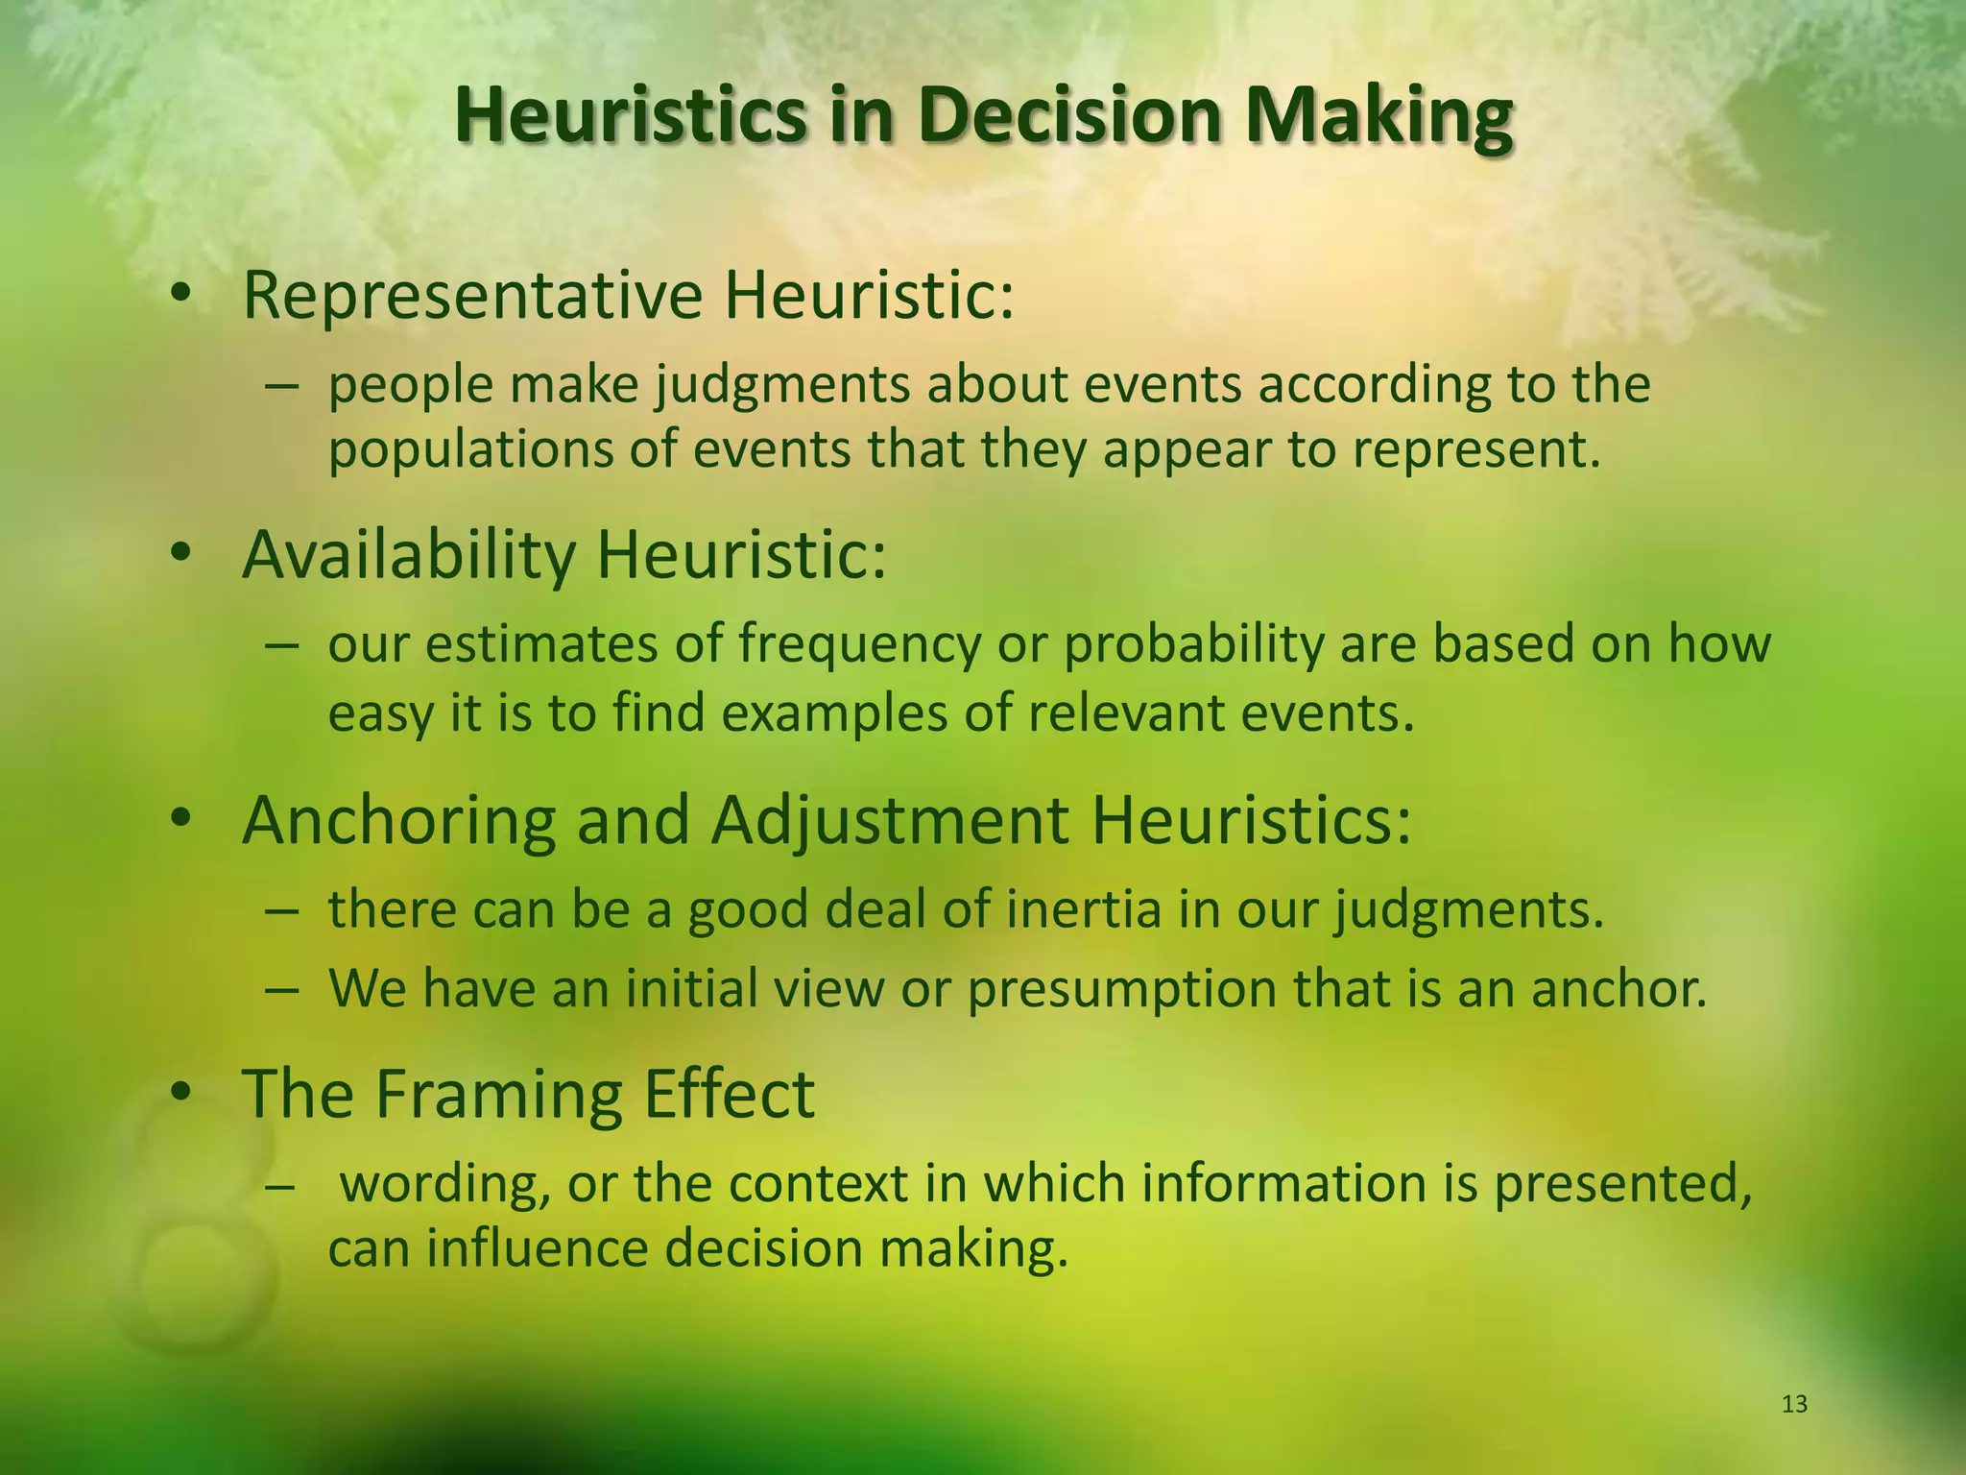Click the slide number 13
1794,1404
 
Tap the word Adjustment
889,821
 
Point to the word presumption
1121,989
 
